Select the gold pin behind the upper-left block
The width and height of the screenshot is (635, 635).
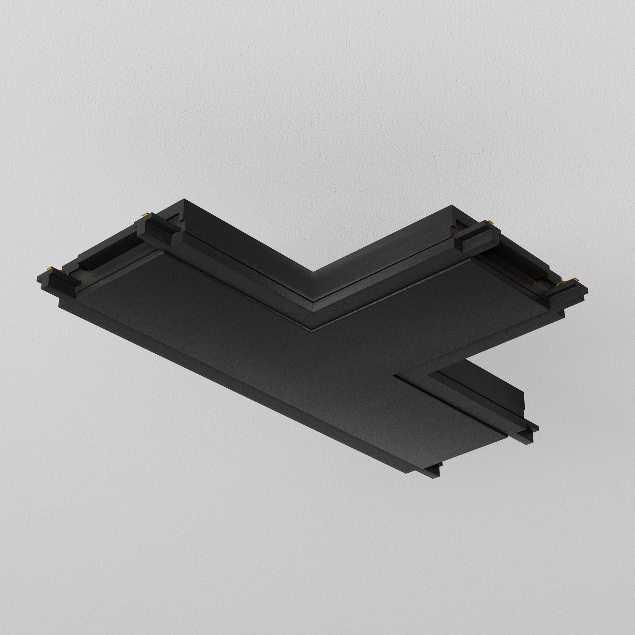144,215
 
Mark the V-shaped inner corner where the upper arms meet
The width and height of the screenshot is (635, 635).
312,272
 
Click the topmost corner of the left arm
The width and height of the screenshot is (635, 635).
184,199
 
